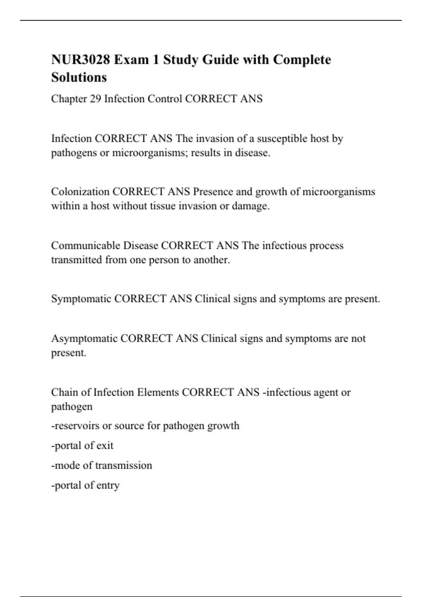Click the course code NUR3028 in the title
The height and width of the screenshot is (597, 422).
pos(81,60)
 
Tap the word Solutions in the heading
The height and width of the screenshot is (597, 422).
pos(79,77)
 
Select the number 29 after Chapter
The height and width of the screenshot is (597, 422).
pos(95,99)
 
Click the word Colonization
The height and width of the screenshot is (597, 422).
pos(80,192)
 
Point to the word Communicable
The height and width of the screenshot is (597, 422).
pos(85,245)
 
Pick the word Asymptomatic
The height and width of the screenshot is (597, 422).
pos(84,339)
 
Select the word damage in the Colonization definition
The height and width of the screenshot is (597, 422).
pos(250,206)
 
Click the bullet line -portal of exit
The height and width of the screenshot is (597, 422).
pos(82,446)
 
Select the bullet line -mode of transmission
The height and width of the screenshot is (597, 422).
pos(102,465)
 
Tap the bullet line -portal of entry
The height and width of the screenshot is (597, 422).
pos(85,485)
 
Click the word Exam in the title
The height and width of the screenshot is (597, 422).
pos(131,60)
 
